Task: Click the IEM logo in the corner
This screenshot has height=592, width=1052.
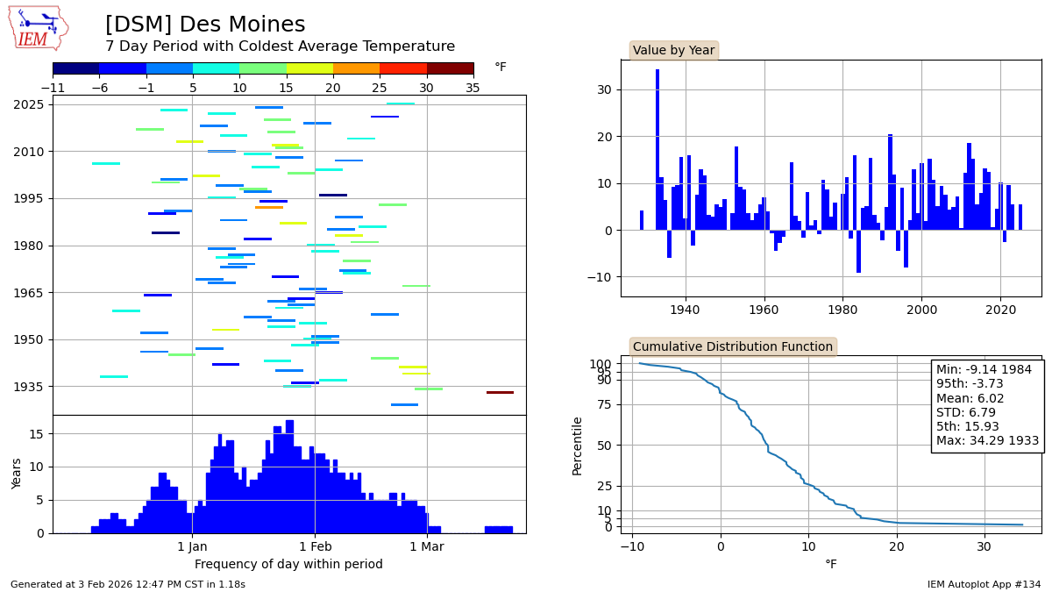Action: coord(38,28)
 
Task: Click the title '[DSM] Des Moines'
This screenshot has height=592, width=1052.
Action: coord(205,25)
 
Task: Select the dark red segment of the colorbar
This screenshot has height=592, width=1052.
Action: coord(450,68)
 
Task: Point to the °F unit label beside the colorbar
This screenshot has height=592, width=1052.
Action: coord(501,68)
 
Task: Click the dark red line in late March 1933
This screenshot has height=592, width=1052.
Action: coord(500,392)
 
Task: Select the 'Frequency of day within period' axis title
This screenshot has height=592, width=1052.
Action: coord(288,564)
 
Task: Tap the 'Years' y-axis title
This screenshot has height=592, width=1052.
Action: coord(17,474)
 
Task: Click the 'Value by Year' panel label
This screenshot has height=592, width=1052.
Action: coord(673,51)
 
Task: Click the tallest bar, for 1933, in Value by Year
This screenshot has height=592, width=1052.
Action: coord(657,149)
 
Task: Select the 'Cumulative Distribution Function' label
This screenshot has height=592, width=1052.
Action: coord(732,346)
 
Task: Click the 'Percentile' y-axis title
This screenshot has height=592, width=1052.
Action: coord(577,446)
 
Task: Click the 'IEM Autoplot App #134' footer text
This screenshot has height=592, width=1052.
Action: coord(984,584)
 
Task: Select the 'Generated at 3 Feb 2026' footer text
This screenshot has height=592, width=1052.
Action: coord(128,584)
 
